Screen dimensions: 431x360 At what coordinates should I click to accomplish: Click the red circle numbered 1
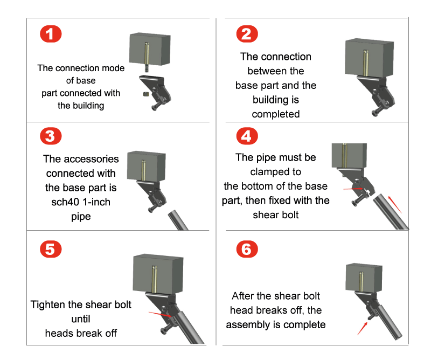point(51,34)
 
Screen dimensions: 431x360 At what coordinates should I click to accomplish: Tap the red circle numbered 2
point(247,34)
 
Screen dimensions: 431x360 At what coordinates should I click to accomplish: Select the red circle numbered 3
point(51,136)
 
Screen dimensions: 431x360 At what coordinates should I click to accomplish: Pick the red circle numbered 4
point(247,136)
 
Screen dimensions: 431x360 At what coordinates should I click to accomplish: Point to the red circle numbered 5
point(51,249)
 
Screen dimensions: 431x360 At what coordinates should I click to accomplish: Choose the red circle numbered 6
point(247,249)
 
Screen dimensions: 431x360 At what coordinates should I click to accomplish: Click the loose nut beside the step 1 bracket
point(146,94)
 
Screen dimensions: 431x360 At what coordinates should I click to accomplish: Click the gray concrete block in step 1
point(150,49)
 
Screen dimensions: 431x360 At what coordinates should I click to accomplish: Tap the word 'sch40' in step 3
point(65,202)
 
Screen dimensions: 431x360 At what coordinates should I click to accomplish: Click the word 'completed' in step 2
point(276,114)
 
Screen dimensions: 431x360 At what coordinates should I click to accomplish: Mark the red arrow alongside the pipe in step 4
point(395,204)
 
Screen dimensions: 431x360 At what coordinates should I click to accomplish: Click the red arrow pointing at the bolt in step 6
point(362,329)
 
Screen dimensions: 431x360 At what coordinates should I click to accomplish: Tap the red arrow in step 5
point(160,314)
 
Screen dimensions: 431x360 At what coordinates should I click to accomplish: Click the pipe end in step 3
point(173,213)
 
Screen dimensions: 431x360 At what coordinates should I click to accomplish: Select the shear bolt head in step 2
point(375,113)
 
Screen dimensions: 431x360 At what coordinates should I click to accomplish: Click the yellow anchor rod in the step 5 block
point(154,279)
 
